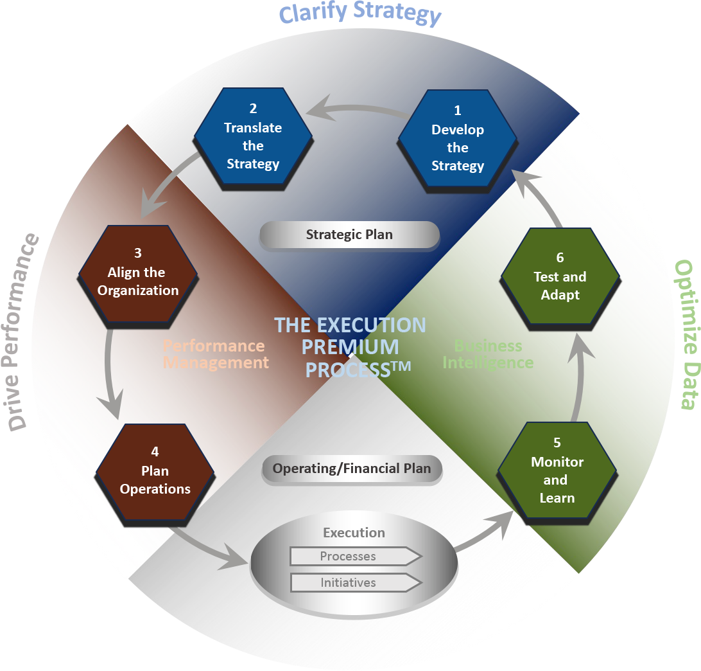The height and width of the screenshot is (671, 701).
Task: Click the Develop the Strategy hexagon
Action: [457, 140]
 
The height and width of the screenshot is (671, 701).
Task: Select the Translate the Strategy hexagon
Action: [253, 139]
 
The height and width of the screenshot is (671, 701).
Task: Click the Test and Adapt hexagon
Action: [560, 278]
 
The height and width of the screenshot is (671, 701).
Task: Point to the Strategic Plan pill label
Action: [349, 235]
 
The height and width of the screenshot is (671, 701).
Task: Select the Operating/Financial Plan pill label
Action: [352, 469]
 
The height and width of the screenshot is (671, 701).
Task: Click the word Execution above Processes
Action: [354, 533]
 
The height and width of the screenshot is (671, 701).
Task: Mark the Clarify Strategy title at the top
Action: [359, 14]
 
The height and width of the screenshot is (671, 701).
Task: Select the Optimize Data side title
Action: [684, 334]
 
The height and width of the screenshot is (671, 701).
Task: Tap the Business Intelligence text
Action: [488, 354]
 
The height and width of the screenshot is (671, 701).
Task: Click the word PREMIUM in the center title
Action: [350, 348]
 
